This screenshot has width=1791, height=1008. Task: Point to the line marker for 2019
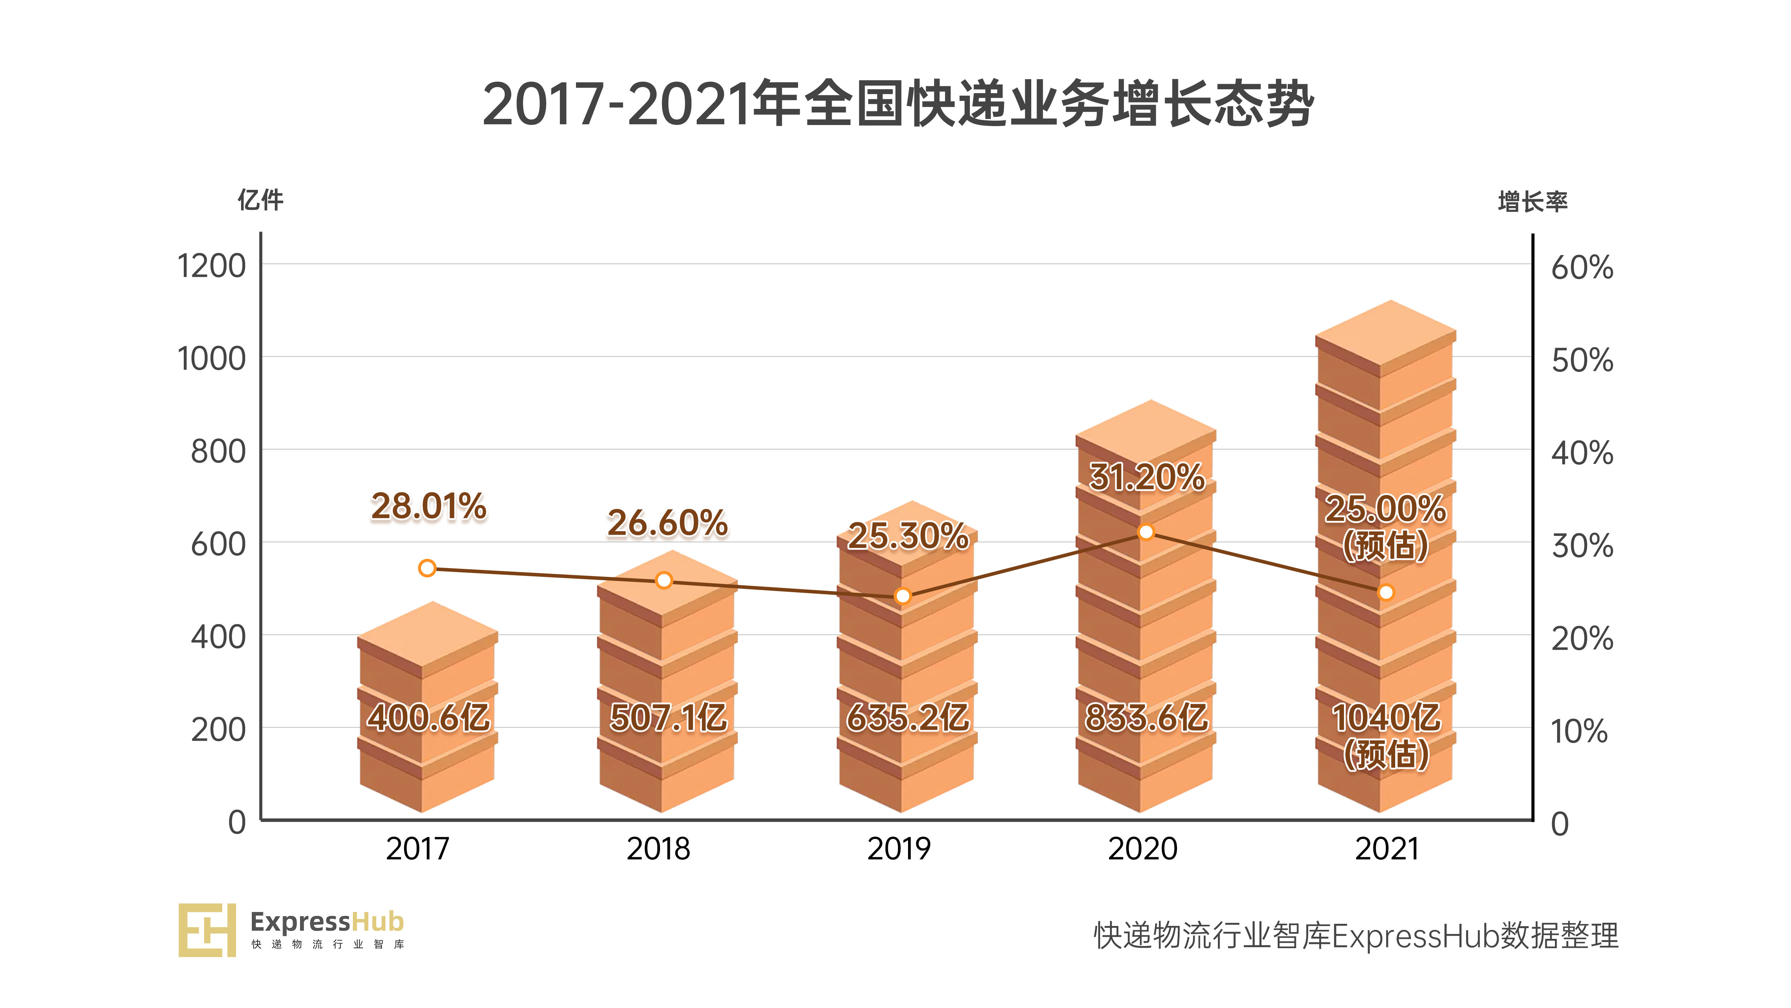click(902, 596)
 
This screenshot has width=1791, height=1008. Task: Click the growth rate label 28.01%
click(428, 506)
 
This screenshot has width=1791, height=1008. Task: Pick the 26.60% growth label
click(667, 523)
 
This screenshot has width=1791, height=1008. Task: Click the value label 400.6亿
click(428, 717)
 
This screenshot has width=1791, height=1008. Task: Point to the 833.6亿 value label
click(1147, 717)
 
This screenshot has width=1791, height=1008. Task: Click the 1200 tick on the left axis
click(211, 266)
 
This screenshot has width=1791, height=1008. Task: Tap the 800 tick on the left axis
click(218, 452)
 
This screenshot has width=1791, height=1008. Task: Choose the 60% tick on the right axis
click(1582, 268)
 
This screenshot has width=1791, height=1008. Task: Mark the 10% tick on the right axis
click(1579, 731)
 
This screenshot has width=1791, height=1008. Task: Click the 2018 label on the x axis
click(658, 849)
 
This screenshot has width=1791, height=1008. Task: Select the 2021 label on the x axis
click(1386, 849)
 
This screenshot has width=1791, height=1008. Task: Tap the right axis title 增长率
click(1532, 202)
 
